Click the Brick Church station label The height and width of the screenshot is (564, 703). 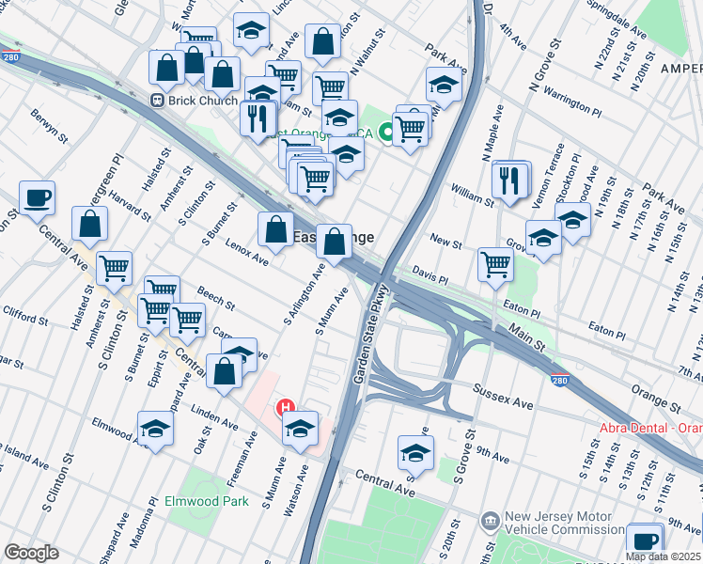pos(200,101)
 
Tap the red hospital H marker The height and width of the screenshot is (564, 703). pos(285,408)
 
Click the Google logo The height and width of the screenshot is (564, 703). pos(31,553)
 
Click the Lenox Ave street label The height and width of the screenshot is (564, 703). pos(247,252)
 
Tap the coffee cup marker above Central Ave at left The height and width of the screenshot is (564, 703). pos(38,198)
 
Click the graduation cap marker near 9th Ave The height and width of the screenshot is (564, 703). pos(415,453)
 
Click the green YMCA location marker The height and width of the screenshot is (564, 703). pos(385,133)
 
